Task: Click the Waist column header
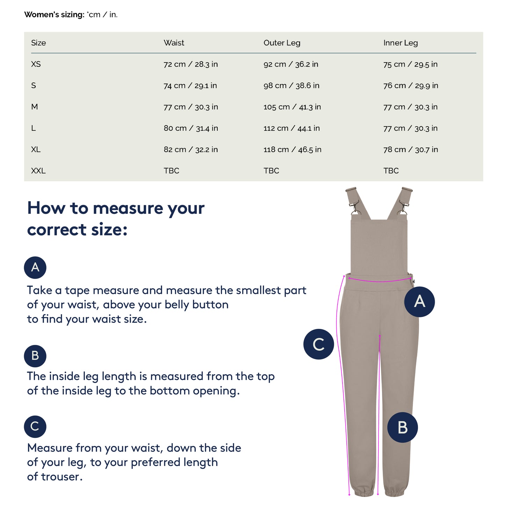point(174,43)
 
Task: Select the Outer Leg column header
point(282,43)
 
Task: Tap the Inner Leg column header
point(401,43)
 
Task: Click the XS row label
point(36,64)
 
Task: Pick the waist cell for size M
point(191,107)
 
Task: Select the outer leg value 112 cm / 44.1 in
point(291,128)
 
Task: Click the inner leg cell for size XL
point(410,149)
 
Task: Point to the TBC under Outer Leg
point(271,171)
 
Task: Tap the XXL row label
point(38,171)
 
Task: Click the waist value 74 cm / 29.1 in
point(190,86)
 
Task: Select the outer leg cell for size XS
point(291,64)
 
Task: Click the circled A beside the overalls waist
point(419,302)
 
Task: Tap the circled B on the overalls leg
point(402,427)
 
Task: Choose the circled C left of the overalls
point(318,344)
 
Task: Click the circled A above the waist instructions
point(35,267)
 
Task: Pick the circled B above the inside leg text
point(35,356)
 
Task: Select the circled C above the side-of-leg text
point(35,426)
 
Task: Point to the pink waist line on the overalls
point(380,281)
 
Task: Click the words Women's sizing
point(54,14)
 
